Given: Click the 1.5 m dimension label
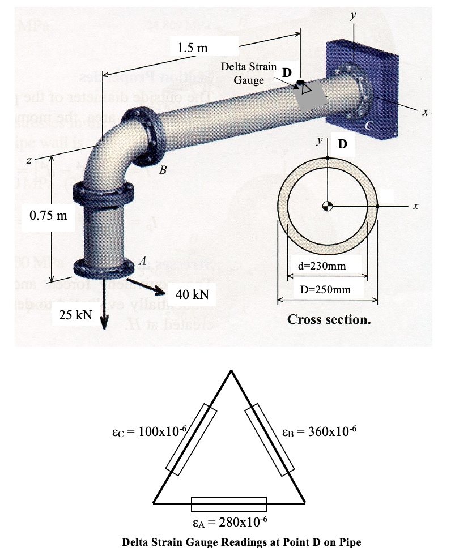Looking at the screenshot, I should [192, 48].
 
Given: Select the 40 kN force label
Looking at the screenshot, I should [192, 294].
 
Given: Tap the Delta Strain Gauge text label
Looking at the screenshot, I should [249, 73].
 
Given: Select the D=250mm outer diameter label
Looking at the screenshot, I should [328, 289].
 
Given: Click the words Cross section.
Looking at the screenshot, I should [329, 319].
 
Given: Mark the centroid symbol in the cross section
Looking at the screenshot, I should [327, 205].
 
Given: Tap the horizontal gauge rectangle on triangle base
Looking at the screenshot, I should [229, 503].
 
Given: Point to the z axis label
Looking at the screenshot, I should [27, 161].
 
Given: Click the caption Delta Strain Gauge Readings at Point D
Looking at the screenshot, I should [241, 542].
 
